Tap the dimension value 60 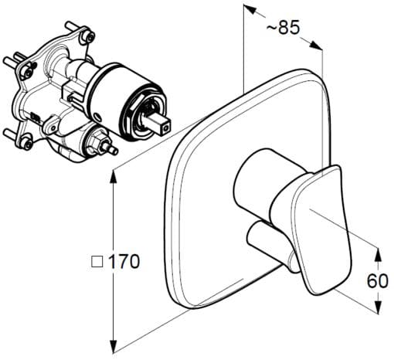tap(378, 281)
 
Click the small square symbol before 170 tap(96, 263)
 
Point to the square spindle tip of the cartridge tap(165, 123)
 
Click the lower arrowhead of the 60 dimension tap(378, 310)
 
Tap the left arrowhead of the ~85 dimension tap(248, 10)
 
